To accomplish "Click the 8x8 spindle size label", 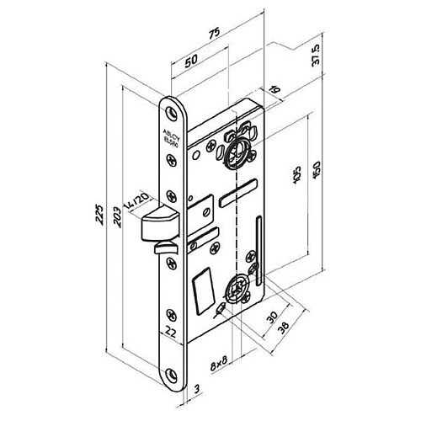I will (218, 365).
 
